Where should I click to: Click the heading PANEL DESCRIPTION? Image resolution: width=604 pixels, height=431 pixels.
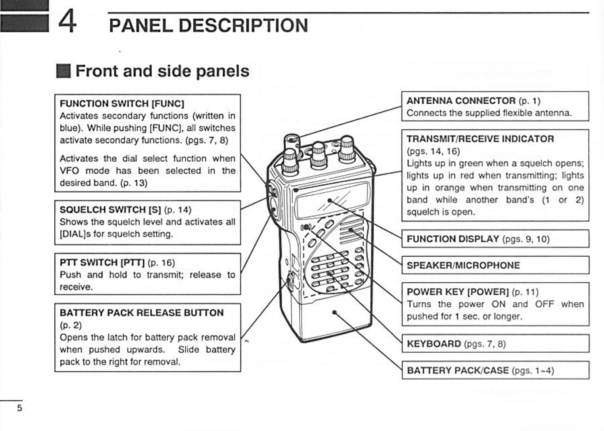[x=208, y=26]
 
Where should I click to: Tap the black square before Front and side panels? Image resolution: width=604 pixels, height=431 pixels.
[x=63, y=71]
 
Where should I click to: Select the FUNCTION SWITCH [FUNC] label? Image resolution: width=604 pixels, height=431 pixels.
[x=122, y=104]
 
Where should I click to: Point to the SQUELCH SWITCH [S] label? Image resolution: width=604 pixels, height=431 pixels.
[x=111, y=210]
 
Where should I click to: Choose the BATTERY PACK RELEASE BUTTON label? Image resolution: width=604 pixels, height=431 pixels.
[x=141, y=313]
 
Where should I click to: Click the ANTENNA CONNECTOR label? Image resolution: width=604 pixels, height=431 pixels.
[x=461, y=101]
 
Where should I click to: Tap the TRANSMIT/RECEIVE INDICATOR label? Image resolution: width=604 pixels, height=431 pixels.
[x=480, y=139]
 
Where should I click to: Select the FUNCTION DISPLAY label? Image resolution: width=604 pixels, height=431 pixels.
[x=453, y=239]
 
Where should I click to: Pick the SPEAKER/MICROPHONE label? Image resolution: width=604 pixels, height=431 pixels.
[x=463, y=265]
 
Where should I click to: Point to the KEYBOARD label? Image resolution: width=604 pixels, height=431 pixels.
[x=434, y=343]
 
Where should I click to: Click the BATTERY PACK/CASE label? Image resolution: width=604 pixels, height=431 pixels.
[x=458, y=370]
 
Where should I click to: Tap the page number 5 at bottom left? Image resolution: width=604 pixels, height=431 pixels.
[x=19, y=408]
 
